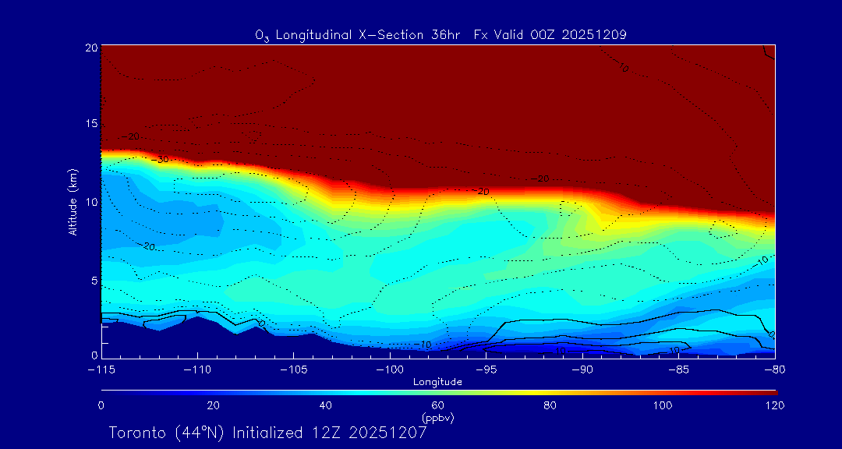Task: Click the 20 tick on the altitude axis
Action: click(90, 48)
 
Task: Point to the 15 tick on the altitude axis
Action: click(90, 125)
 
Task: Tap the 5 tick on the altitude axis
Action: click(93, 280)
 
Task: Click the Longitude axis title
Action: click(437, 382)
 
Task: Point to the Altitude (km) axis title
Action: click(73, 202)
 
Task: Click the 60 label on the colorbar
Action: click(438, 405)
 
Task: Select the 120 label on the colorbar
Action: click(775, 405)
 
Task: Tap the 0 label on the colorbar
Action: click(101, 405)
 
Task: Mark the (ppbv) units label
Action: click(437, 418)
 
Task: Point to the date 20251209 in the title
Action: click(592, 34)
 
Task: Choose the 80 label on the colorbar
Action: click(550, 405)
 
